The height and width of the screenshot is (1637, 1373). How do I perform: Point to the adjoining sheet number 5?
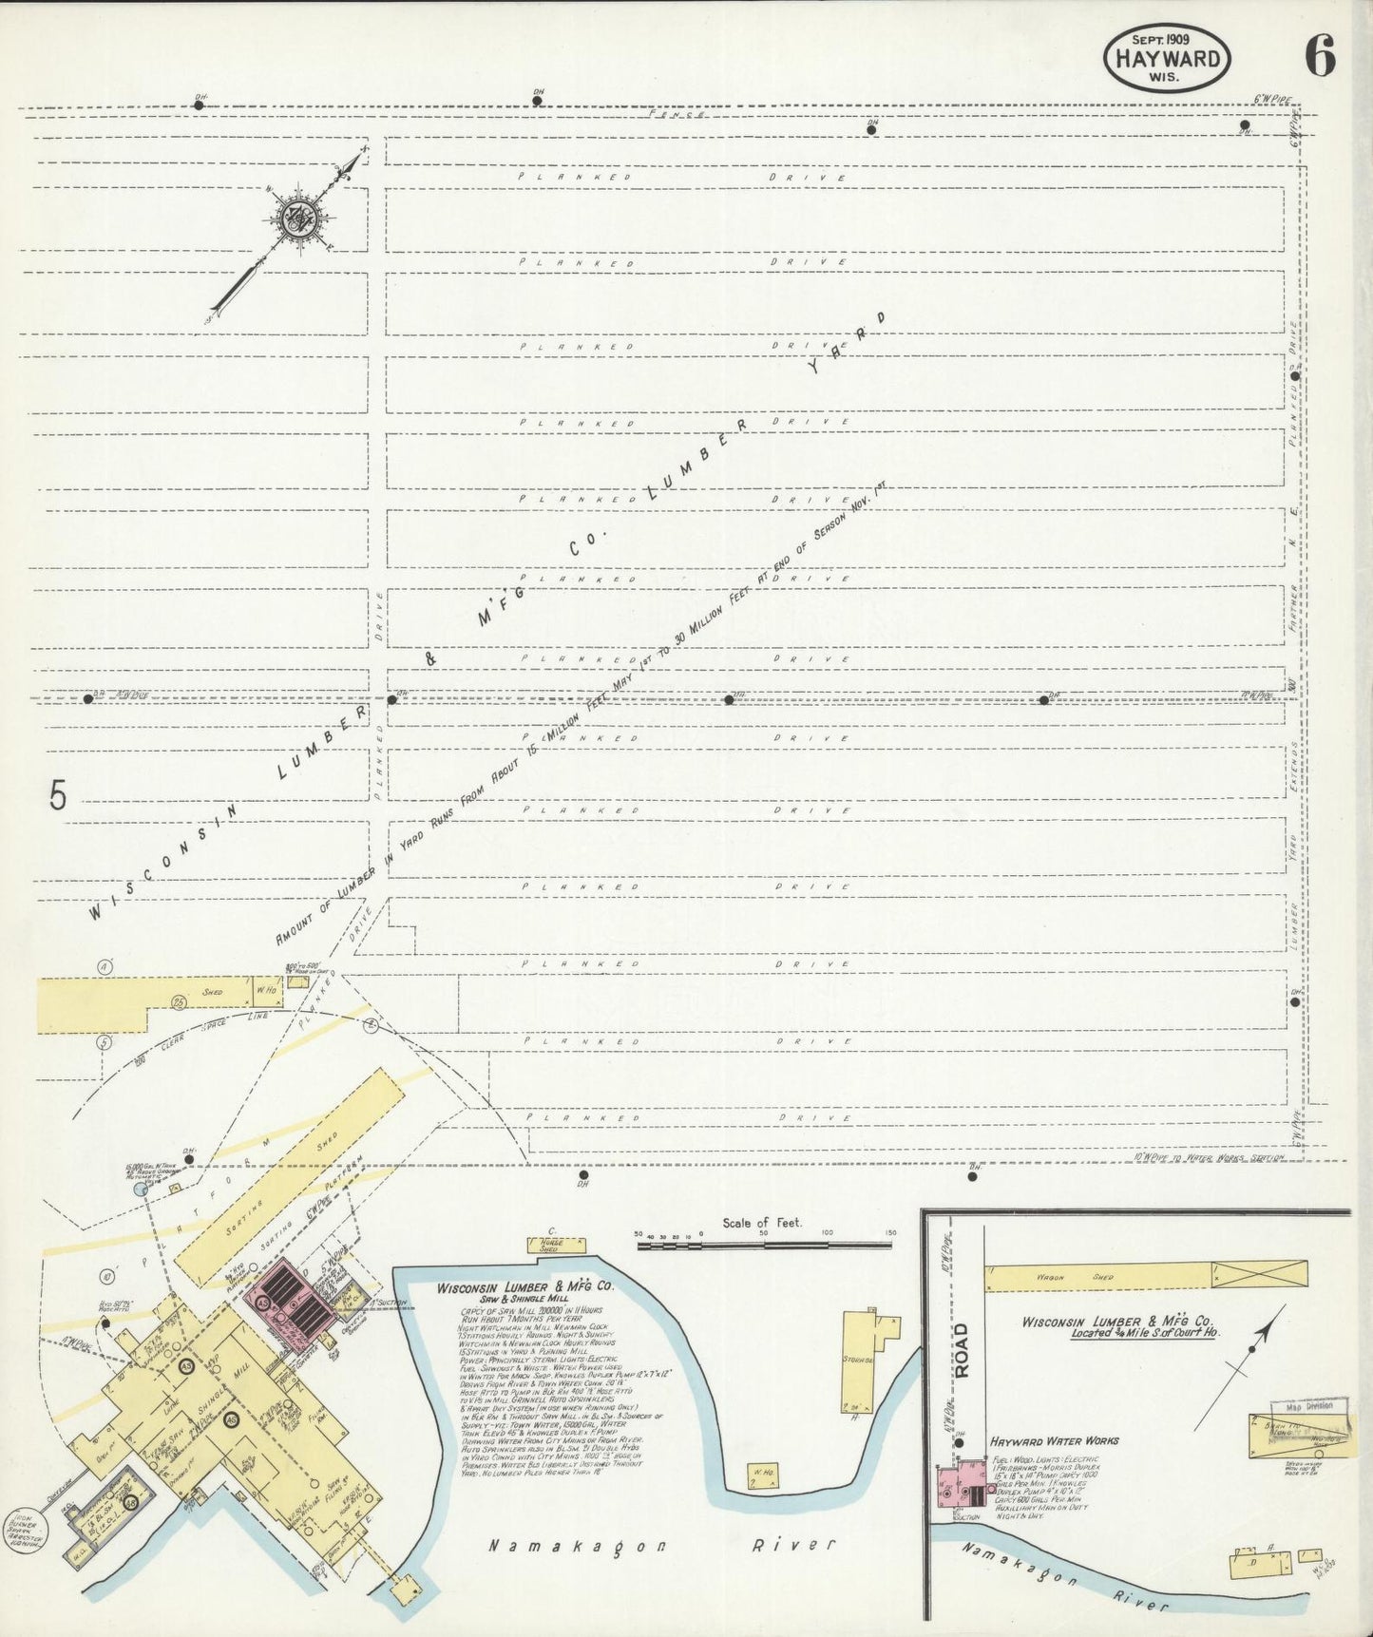(x=59, y=796)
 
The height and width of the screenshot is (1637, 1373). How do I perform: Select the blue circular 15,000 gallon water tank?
(x=142, y=1189)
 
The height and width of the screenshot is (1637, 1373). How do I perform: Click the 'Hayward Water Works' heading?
(x=1053, y=1440)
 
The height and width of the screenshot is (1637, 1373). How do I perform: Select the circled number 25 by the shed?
(x=178, y=1002)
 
